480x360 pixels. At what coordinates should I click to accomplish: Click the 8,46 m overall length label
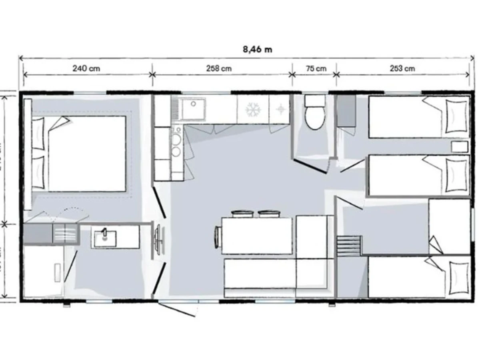(257, 49)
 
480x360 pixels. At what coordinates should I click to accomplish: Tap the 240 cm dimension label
(86, 68)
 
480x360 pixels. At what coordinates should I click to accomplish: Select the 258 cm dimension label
(219, 68)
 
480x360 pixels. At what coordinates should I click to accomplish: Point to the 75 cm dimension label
(316, 68)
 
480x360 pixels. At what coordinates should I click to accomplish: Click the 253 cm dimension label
(402, 68)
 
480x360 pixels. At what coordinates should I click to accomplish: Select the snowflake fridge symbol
(252, 109)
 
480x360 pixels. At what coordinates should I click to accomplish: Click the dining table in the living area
(257, 236)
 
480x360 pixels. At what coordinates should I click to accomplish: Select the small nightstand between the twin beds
(460, 147)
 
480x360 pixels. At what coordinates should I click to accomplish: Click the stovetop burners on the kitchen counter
(176, 145)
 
